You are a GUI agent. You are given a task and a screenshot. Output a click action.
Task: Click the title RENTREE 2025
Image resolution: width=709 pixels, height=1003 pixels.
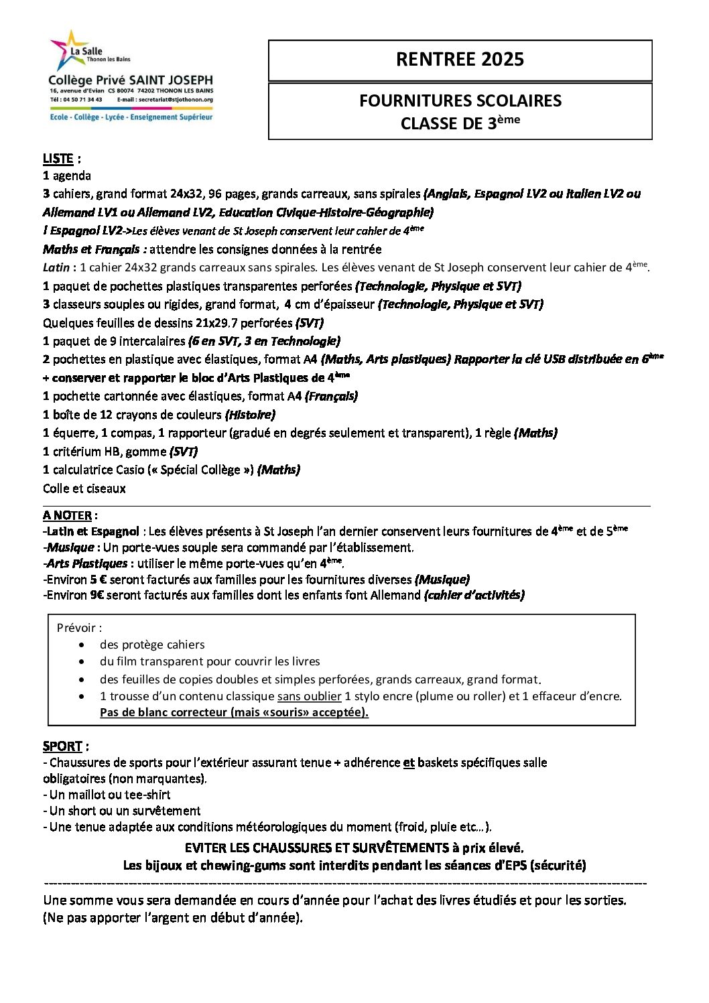pos(460,60)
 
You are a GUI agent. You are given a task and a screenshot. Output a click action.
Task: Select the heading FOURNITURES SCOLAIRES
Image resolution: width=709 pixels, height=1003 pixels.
pos(460,101)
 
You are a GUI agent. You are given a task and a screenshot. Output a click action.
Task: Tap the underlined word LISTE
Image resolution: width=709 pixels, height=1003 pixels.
pos(58,159)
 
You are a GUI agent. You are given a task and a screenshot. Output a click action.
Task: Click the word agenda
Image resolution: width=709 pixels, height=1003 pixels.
pos(72,176)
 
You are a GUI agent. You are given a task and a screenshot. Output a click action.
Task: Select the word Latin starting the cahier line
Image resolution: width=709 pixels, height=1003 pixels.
pos(56,267)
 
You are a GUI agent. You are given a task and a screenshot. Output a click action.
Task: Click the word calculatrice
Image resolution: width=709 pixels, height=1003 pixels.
pos(83,470)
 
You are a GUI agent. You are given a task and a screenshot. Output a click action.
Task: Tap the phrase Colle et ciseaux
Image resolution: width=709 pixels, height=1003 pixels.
pos(84,488)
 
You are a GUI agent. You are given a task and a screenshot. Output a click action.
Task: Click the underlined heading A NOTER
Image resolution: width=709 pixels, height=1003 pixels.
pos(67,515)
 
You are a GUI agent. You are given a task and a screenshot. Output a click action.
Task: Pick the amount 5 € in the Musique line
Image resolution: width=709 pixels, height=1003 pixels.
pos(99,580)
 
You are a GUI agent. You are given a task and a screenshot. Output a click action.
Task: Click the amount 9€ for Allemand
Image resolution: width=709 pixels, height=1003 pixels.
pos(97,595)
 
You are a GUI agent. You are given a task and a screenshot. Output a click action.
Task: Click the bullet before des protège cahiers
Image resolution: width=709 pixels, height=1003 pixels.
pos(82,645)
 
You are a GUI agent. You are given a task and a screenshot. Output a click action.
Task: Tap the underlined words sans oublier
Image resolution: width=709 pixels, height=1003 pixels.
pos(309,696)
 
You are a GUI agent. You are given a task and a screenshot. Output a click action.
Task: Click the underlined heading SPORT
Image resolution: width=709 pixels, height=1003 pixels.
pos(62,746)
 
